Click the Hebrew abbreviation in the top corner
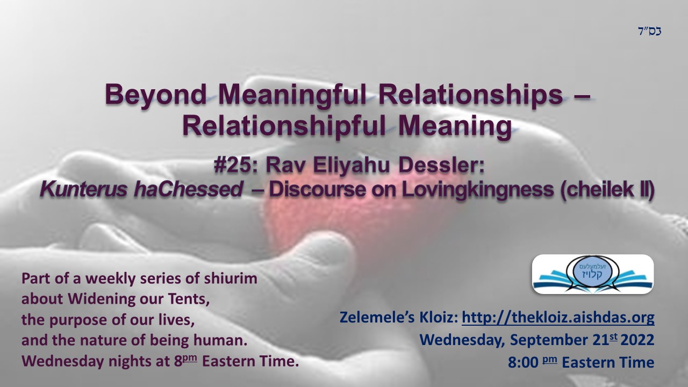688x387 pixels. pos(650,31)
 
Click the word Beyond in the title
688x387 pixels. pos(156,95)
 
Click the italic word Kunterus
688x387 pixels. pos(83,190)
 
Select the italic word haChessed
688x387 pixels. pos(188,190)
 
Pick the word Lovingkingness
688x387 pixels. pos(478,190)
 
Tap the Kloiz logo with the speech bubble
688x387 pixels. pos(593,274)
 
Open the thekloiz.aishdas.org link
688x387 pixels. pos(558,318)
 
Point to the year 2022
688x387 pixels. pos(637,340)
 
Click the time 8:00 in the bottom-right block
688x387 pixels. pos(523,362)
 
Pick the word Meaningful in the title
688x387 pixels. pos(292,95)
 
